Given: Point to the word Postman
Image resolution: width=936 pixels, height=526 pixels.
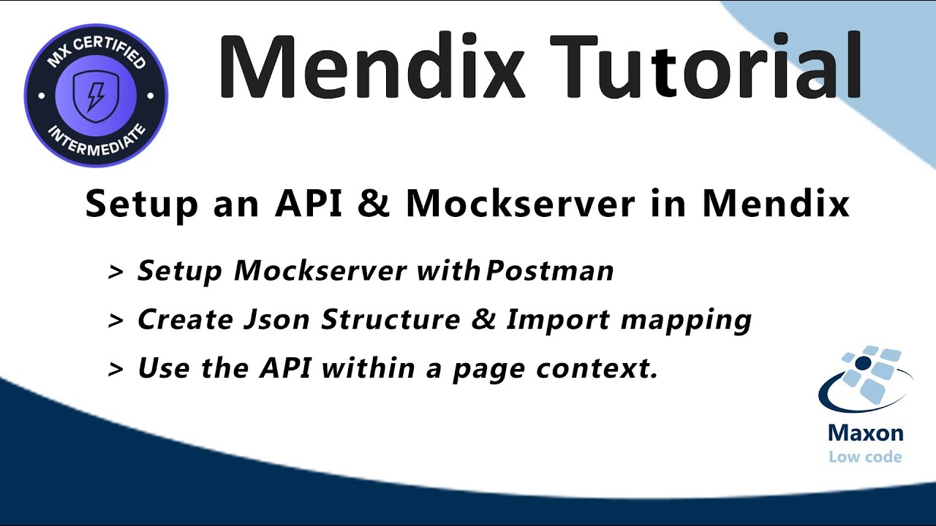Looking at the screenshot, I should pyautogui.click(x=550, y=271).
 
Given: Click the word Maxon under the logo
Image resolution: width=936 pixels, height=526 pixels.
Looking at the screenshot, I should pyautogui.click(x=865, y=433).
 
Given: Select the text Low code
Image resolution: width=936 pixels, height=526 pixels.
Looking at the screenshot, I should pyautogui.click(x=865, y=457).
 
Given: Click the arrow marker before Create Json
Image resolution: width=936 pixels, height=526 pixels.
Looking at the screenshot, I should pyautogui.click(x=116, y=321).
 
